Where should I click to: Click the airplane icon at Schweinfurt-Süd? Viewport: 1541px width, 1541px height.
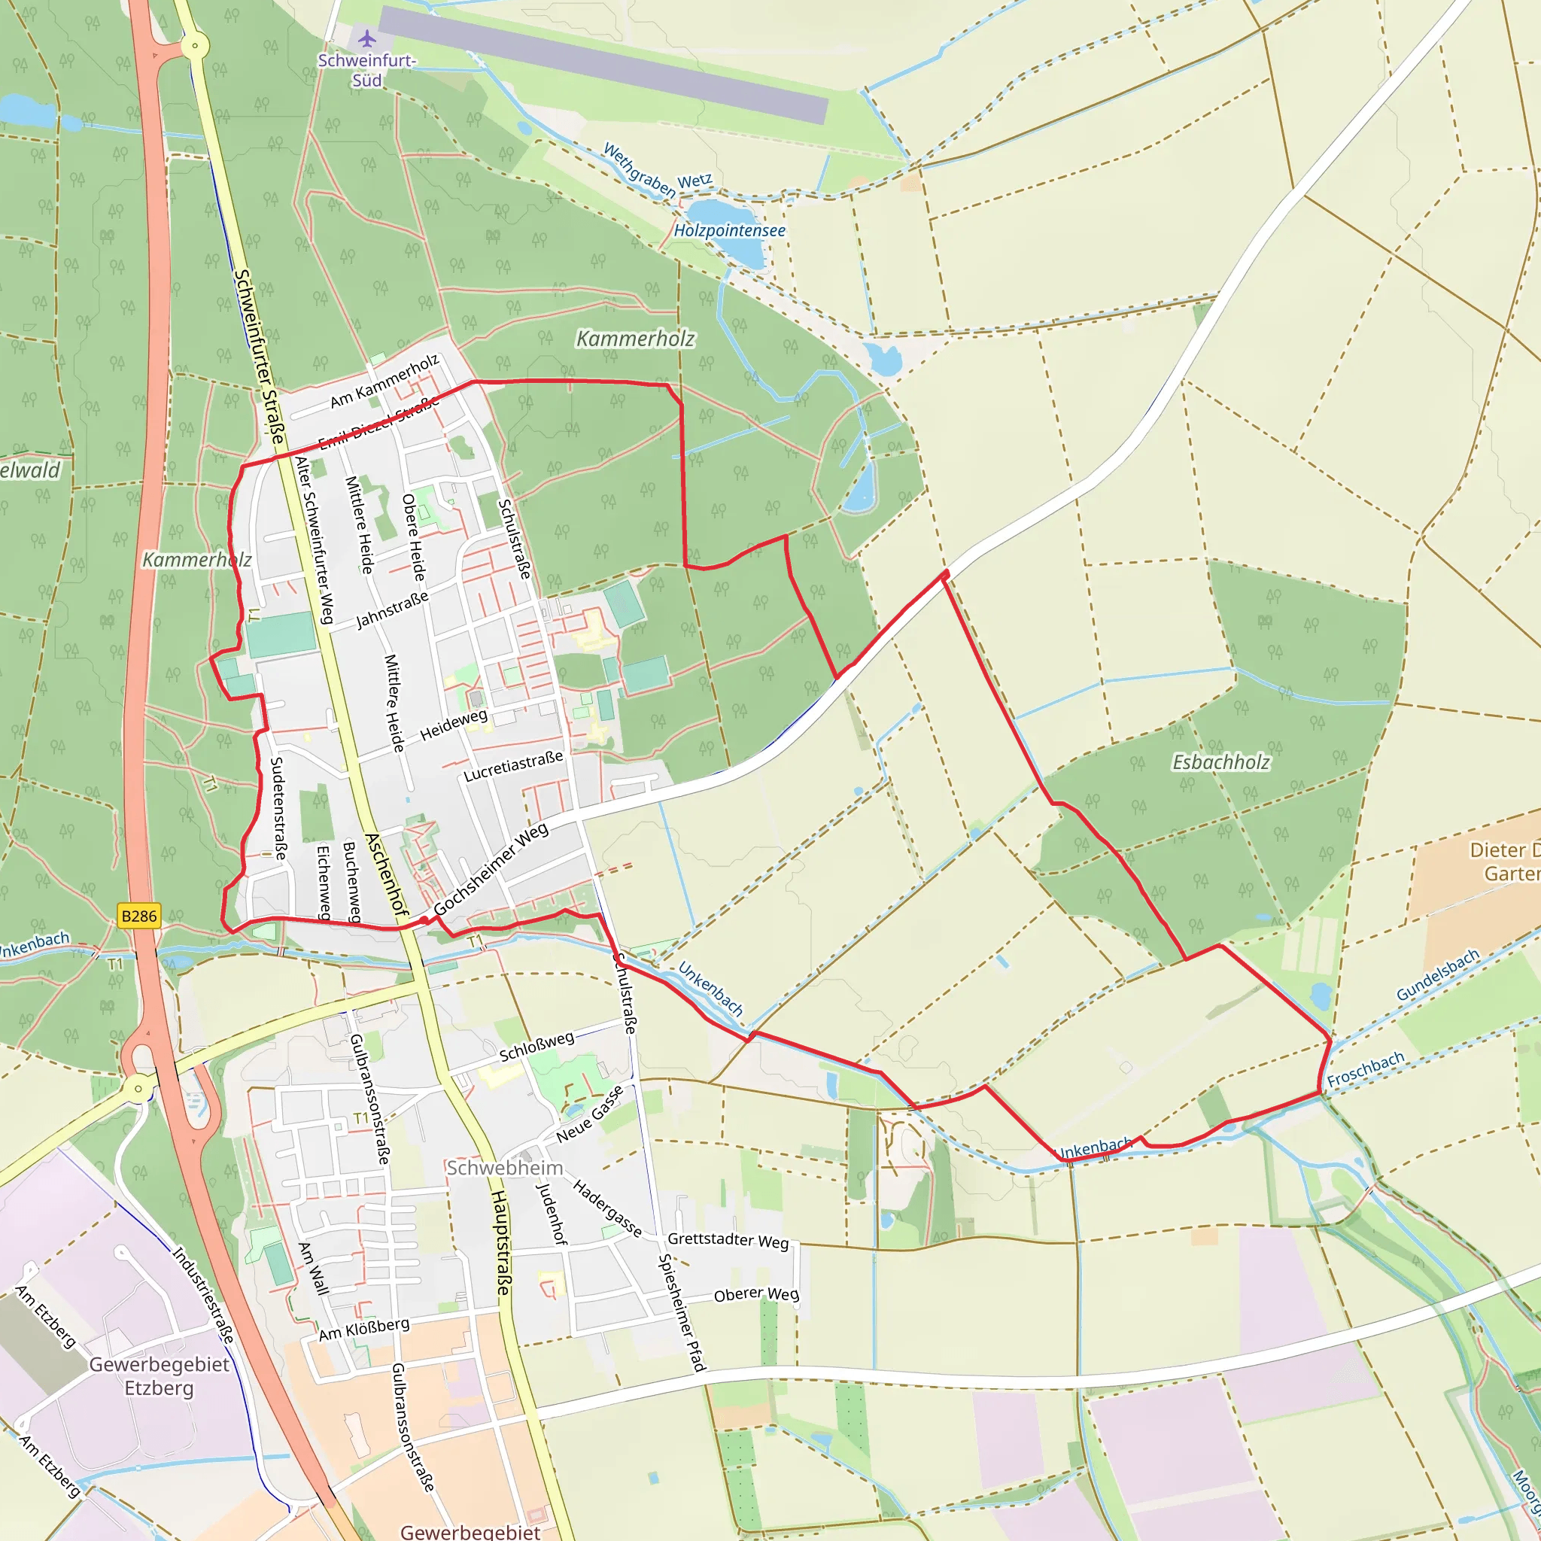(x=367, y=38)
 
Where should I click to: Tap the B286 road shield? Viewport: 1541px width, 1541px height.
(x=138, y=916)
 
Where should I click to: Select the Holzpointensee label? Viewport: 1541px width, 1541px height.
(x=729, y=230)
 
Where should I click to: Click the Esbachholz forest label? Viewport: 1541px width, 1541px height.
(x=1220, y=762)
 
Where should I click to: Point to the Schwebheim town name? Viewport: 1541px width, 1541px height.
(x=504, y=1168)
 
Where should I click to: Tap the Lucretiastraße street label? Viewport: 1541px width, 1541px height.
(x=513, y=766)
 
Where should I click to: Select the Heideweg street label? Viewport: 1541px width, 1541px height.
(x=453, y=725)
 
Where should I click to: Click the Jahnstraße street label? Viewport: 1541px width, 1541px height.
(x=391, y=609)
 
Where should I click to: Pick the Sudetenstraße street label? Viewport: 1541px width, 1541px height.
(x=278, y=808)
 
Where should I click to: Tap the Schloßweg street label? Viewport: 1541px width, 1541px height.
(x=536, y=1046)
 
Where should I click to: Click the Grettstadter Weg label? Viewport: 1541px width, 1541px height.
(x=728, y=1240)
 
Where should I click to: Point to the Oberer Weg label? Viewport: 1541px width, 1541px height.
(x=756, y=1294)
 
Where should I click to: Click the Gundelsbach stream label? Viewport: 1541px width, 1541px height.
(x=1437, y=974)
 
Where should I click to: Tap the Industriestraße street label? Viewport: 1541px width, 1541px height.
(x=204, y=1294)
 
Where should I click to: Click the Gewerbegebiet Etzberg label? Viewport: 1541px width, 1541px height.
(x=160, y=1376)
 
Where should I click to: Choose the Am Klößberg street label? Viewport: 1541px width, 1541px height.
(x=364, y=1329)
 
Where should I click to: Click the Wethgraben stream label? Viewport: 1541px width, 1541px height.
(x=638, y=169)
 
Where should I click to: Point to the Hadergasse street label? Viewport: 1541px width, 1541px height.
(x=607, y=1209)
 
